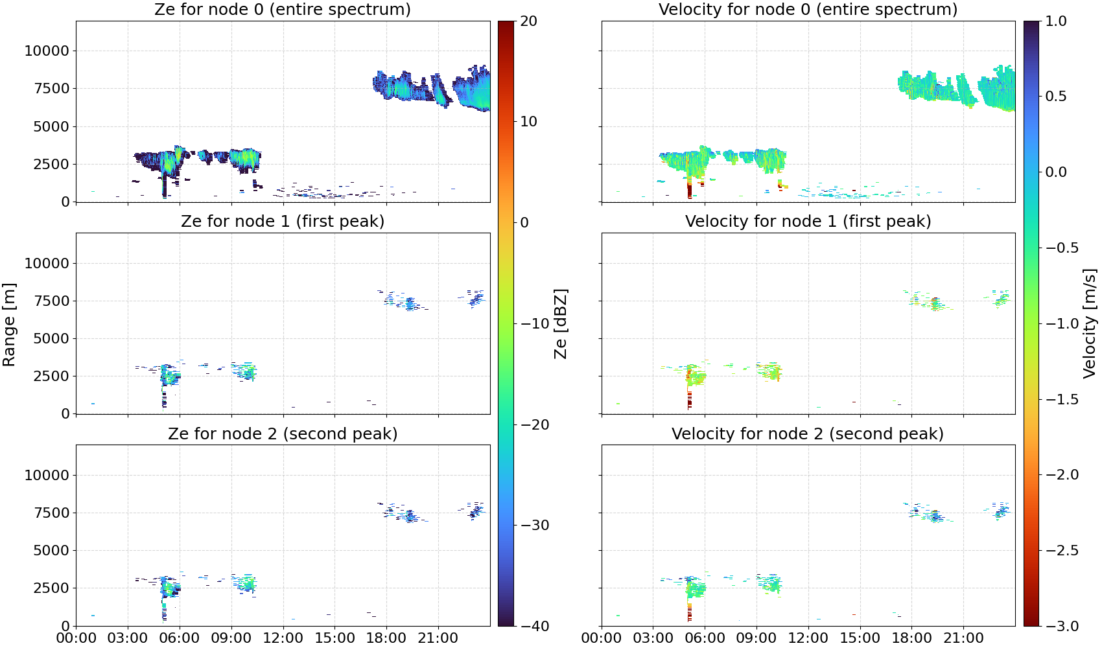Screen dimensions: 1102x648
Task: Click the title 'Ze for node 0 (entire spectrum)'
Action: point(283,9)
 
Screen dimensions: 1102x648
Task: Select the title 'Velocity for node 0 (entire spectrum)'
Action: point(808,9)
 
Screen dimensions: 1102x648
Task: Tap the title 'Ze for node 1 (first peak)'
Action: point(283,221)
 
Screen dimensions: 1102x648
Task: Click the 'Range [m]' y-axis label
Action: point(9,325)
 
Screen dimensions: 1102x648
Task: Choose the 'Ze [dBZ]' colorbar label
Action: point(560,323)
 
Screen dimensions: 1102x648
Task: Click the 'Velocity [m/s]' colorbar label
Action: point(1090,323)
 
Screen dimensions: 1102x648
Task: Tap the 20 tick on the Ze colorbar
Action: point(528,21)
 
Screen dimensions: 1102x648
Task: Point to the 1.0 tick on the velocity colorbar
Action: point(1056,21)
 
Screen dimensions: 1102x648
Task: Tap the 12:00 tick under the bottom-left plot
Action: point(283,638)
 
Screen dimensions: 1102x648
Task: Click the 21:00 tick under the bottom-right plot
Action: point(963,638)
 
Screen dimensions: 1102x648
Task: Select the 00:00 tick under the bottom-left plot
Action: point(76,638)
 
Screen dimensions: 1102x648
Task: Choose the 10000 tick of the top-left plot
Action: point(47,51)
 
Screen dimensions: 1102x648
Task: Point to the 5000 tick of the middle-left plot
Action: point(51,338)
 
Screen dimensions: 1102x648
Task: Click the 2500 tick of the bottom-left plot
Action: point(51,588)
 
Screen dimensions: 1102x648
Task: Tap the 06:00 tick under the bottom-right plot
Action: point(705,638)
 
